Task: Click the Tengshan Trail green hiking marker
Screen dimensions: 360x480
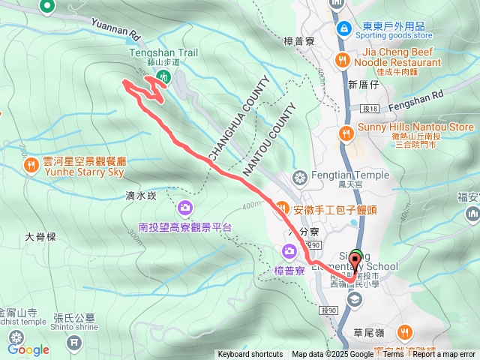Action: tap(166, 76)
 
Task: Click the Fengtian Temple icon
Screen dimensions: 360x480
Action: tap(300, 178)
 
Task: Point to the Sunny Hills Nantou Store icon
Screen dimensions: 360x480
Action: tap(346, 133)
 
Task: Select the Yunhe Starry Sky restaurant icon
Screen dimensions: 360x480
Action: tap(30, 164)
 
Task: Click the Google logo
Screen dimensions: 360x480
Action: tap(28, 349)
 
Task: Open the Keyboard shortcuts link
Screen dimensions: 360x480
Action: tap(250, 355)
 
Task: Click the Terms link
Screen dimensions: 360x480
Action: tap(393, 355)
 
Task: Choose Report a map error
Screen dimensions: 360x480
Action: tap(443, 355)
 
